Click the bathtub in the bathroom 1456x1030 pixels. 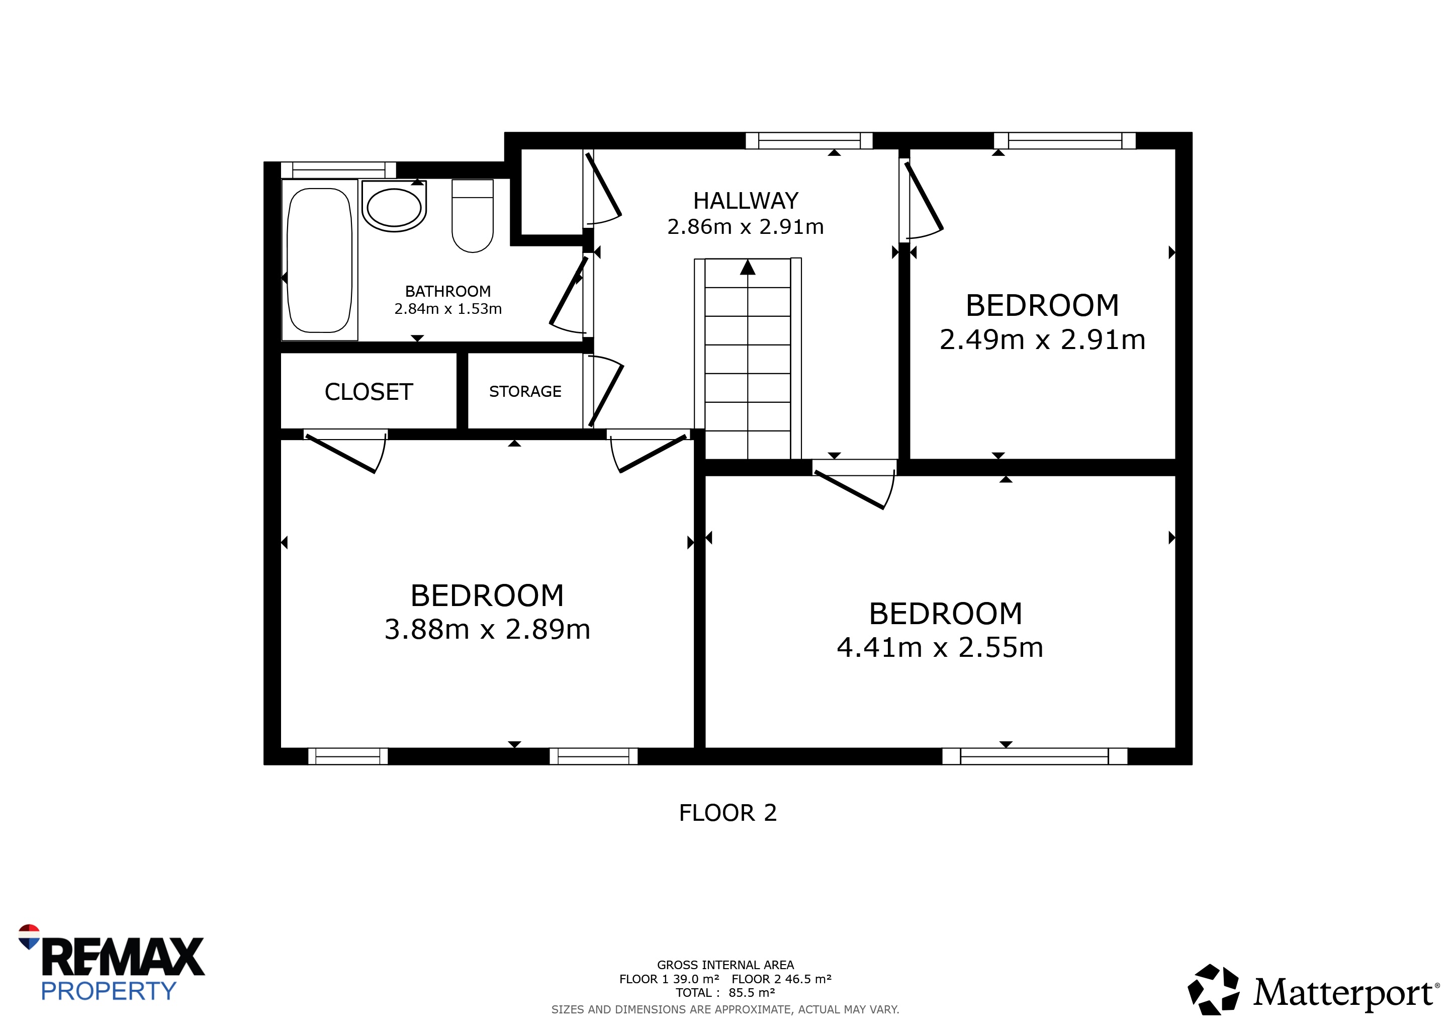320,260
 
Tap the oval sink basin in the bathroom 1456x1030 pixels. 394,207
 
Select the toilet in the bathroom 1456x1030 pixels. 473,216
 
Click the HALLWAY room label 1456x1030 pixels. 746,201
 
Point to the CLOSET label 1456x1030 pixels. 369,392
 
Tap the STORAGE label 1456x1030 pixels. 525,392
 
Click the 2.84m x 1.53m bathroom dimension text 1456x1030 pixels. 447,309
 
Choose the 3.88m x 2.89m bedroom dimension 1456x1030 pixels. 487,629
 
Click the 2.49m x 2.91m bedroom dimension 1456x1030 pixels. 1043,340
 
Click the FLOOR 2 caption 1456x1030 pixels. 728,813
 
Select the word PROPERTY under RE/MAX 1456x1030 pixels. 109,991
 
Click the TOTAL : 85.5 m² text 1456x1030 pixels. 725,993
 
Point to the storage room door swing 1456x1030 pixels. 606,392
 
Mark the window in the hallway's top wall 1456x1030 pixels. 809,141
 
